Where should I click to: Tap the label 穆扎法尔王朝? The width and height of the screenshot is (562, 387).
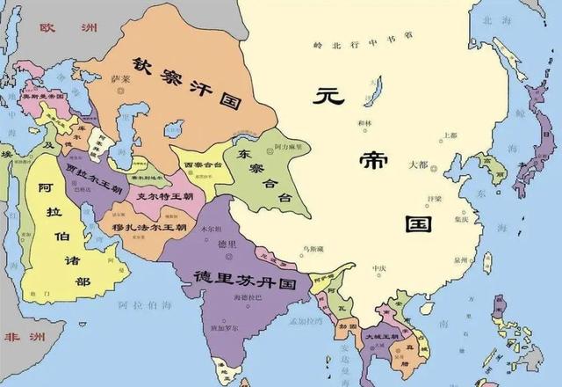(x=149, y=227)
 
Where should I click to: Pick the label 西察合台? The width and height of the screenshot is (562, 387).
(x=202, y=165)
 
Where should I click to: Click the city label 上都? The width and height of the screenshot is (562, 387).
(x=450, y=135)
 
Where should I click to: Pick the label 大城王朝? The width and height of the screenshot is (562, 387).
(x=383, y=336)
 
